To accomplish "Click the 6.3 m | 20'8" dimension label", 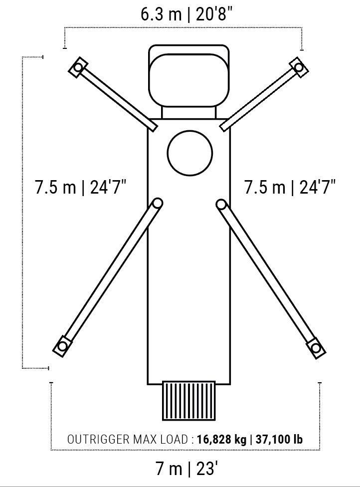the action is click(186, 14).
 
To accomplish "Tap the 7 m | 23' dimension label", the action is click(186, 469).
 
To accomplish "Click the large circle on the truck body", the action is click(190, 153).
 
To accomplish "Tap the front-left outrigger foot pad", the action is click(78, 67).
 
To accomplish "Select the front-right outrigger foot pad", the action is click(299, 67).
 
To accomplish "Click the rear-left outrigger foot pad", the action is click(62, 346).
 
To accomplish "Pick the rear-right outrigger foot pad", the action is click(316, 348).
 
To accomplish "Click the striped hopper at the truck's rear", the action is click(188, 401).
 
